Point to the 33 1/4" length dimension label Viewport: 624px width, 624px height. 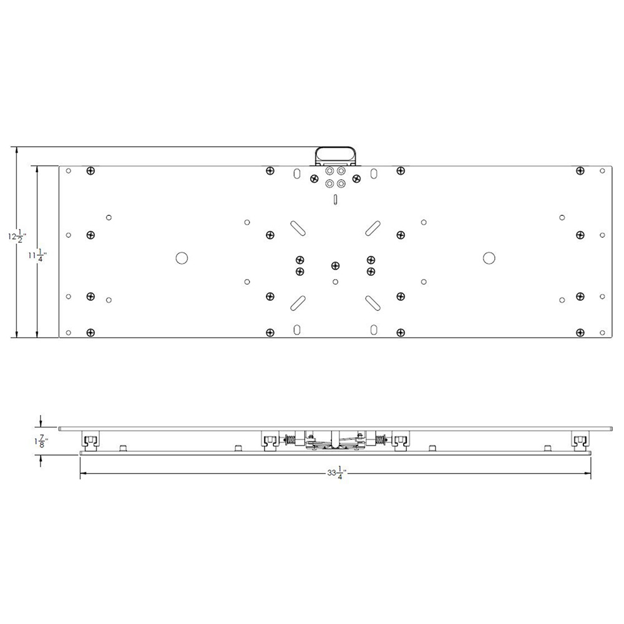pos(336,474)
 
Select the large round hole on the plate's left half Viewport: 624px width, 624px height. pos(182,257)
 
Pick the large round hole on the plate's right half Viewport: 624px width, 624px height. pos(489,257)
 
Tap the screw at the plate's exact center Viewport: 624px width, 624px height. pos(336,266)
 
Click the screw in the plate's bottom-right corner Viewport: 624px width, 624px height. pos(580,332)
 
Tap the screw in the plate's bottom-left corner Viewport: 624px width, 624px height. pos(91,332)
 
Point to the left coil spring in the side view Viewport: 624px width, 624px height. pos(290,440)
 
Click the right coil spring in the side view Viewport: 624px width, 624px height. pos(381,440)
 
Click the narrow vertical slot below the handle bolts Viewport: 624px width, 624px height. pos(336,200)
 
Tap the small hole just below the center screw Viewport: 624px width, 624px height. pos(336,282)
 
